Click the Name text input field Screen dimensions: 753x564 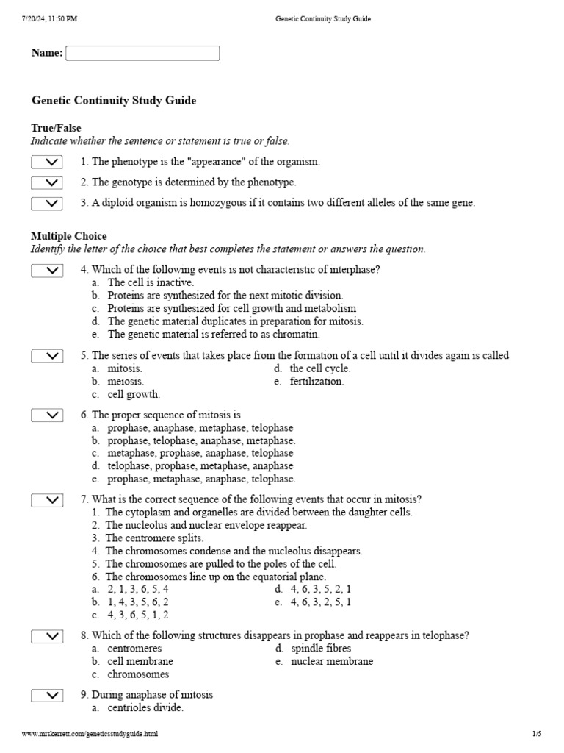click(142, 54)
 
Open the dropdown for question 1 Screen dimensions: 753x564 click(47, 162)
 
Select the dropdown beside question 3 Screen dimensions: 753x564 click(47, 203)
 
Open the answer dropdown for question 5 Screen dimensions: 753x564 click(47, 356)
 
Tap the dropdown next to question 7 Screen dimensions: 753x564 click(47, 500)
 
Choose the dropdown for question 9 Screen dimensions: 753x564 click(47, 695)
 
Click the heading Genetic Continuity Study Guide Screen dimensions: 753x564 click(114, 101)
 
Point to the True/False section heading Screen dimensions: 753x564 click(56, 128)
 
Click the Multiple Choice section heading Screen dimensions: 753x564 click(68, 236)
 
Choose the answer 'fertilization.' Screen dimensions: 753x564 click(317, 382)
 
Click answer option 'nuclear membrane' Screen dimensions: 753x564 click(332, 661)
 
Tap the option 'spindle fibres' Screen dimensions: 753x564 click(321, 649)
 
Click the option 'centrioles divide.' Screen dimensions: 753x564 click(145, 707)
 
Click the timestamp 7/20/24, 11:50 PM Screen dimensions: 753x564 click(50, 19)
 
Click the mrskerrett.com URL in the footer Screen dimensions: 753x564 click(90, 734)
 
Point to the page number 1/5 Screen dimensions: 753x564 click(536, 734)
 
